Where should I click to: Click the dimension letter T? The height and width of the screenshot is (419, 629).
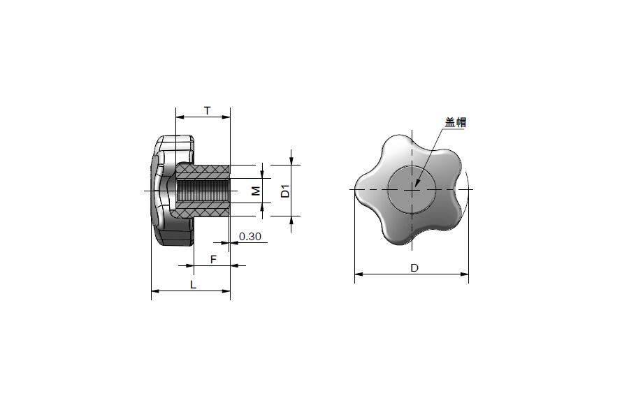[207, 110]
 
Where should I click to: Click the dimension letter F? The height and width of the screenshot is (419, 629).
[213, 259]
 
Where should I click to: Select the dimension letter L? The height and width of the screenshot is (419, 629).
[193, 285]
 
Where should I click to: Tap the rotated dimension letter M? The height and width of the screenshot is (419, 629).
[256, 191]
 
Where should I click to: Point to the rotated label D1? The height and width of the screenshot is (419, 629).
[285, 191]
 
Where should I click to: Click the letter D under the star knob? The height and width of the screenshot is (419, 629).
[414, 268]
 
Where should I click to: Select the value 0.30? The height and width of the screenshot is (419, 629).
[250, 237]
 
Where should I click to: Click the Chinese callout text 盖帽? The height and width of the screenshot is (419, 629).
[456, 122]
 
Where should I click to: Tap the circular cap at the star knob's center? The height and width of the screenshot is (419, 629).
[412, 189]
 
